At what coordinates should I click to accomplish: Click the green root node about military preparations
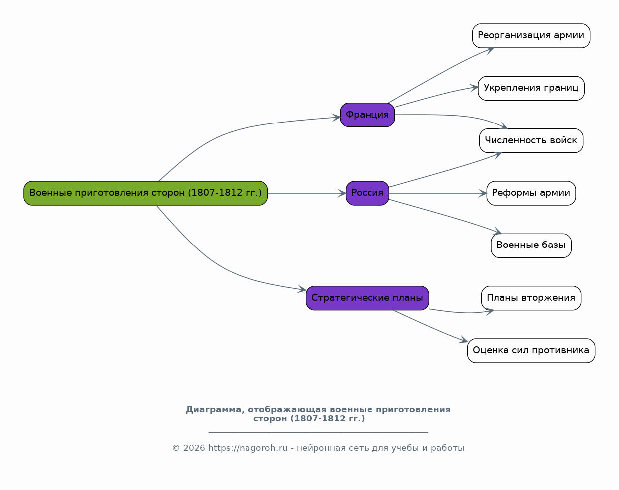(x=145, y=193)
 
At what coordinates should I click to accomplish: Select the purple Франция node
(x=368, y=115)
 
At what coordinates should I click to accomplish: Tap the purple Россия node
(x=368, y=193)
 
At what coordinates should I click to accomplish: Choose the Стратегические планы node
(x=368, y=298)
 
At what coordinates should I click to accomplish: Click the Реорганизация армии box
(x=531, y=36)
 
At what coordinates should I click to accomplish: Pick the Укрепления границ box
(x=531, y=88)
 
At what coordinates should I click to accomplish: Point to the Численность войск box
(x=531, y=141)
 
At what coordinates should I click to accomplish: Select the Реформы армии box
(x=531, y=193)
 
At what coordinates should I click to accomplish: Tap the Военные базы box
(x=531, y=245)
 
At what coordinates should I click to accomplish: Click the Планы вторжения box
(x=531, y=298)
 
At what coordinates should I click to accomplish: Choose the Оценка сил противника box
(x=531, y=351)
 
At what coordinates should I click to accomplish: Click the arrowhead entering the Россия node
(x=342, y=193)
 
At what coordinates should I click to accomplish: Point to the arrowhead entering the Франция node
(x=336, y=117)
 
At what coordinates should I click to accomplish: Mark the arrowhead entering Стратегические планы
(x=302, y=289)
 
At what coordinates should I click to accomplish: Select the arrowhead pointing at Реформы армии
(x=483, y=193)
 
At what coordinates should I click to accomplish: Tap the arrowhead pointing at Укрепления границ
(x=474, y=88)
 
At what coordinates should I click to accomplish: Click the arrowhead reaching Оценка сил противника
(x=463, y=340)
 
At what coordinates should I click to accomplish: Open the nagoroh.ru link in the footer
(x=248, y=448)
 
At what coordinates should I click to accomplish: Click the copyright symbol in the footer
(x=176, y=448)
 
